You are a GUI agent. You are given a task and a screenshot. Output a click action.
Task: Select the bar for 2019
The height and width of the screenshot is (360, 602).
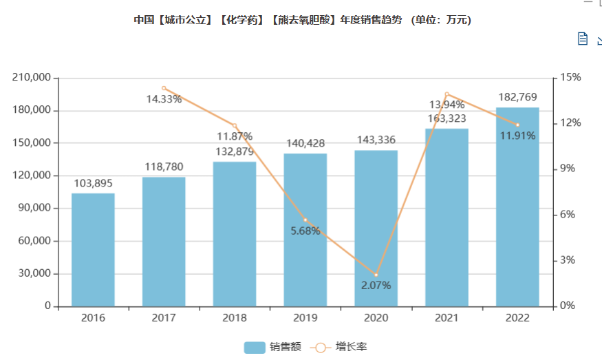pos(305,229)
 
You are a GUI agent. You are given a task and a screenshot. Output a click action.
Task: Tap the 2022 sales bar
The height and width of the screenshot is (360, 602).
pos(517,207)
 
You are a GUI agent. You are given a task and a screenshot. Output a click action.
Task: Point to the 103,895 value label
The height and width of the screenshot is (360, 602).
pos(93,183)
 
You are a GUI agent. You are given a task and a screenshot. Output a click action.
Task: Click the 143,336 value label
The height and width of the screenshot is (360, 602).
pos(376,140)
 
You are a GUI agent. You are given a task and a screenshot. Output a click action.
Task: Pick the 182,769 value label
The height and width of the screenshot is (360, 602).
pos(517,97)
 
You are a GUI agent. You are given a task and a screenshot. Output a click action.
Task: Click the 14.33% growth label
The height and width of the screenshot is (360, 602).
pos(164,99)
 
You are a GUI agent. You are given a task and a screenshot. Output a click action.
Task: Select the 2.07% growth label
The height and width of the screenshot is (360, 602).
pos(376,285)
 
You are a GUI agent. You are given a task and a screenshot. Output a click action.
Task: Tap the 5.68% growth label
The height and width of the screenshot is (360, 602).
pos(305,231)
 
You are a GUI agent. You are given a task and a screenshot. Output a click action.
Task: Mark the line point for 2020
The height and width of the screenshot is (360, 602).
pos(376,275)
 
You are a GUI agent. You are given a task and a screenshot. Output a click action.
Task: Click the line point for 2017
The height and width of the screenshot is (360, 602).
pos(164,88)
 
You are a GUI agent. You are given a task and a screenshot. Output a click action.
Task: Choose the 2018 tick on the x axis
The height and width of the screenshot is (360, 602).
pos(235,318)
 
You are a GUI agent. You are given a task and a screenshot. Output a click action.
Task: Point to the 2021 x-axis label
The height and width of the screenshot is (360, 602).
pos(447,318)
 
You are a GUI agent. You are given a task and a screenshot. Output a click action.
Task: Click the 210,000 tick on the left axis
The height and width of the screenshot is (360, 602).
pos(32,78)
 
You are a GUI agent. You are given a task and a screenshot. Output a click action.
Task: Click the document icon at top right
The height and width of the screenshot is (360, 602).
pos(583,39)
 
